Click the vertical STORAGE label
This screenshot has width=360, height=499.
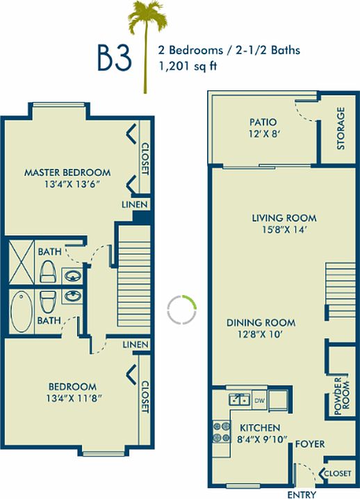coord(341,128)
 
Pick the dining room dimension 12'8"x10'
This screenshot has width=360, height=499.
coord(261,335)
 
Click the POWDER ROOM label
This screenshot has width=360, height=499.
coord(341,396)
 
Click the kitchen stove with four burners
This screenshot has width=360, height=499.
coord(221,432)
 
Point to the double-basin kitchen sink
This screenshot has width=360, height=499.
coord(239,400)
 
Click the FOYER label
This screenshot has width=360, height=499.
coord(310,443)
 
